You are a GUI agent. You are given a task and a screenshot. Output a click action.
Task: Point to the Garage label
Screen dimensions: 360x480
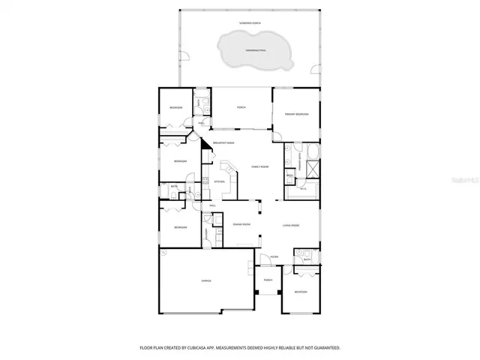pyautogui.click(x=205, y=280)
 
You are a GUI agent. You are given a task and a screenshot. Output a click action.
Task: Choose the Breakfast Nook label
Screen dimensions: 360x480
pyautogui.click(x=223, y=142)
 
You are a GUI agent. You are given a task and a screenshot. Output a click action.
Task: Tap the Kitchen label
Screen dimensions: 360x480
pyautogui.click(x=219, y=181)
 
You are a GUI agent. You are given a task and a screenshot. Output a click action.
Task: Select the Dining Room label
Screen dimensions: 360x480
pyautogui.click(x=241, y=225)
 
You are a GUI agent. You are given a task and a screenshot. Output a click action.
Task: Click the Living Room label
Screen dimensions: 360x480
pyautogui.click(x=291, y=225)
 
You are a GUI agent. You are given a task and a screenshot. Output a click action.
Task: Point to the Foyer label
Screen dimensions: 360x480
pyautogui.click(x=274, y=256)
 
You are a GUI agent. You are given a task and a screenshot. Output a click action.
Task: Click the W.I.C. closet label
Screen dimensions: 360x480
pyautogui.click(x=303, y=189)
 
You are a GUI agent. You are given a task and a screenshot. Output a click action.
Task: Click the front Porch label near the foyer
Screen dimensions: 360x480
pyautogui.click(x=268, y=280)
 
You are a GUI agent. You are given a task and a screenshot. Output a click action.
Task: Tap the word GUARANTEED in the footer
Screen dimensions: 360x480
pyautogui.click(x=325, y=348)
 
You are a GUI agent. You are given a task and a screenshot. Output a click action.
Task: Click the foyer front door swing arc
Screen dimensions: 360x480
pyautogui.click(x=264, y=261)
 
